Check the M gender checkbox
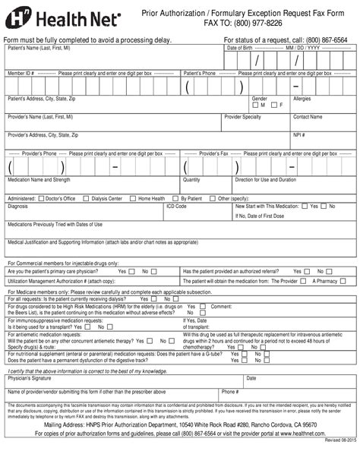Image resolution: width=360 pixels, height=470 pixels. click(x=255, y=105)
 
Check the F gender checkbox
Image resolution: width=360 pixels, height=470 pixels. click(x=275, y=105)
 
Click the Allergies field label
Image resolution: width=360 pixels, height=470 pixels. click(x=302, y=99)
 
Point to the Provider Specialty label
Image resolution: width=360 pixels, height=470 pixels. click(x=243, y=117)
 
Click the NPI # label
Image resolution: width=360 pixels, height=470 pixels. click(x=299, y=135)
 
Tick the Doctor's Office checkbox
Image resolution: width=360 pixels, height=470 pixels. click(x=41, y=198)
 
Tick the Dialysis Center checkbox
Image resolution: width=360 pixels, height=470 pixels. click(x=87, y=198)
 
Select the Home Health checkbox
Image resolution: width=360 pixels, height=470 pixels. click(x=133, y=198)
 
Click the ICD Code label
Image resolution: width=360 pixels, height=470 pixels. click(x=176, y=206)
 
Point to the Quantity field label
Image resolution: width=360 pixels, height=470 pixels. click(x=191, y=180)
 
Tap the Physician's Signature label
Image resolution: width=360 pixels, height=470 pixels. click(x=30, y=377)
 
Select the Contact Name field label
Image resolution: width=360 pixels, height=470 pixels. click(x=308, y=117)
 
